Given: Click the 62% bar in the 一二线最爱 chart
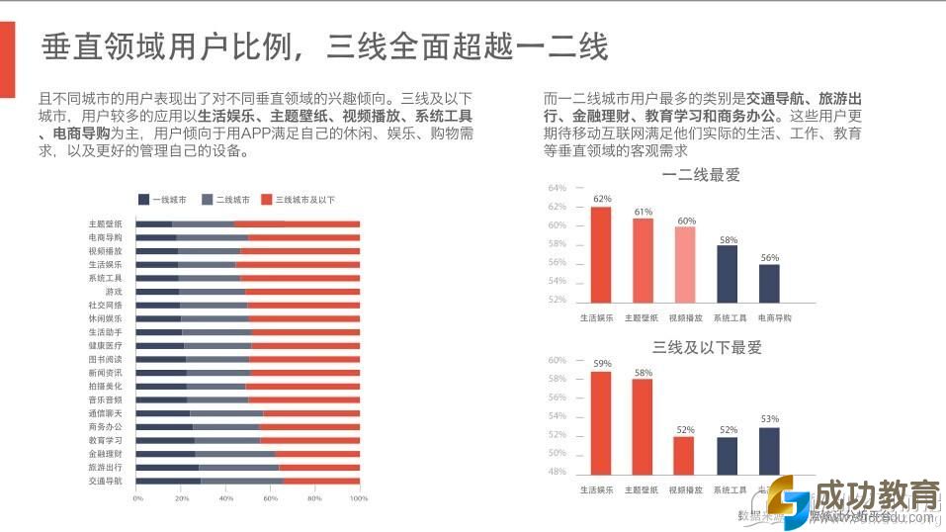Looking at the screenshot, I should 601,254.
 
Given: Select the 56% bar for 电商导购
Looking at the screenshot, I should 769,283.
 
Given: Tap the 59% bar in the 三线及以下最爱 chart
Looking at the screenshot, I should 601,425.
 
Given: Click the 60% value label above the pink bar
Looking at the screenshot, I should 686,221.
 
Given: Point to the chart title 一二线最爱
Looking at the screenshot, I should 701,176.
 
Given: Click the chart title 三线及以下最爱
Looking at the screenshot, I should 707,347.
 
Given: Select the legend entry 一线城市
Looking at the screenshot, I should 163,200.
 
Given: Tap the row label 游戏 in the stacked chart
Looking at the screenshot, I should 114,292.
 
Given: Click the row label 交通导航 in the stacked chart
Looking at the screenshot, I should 105,481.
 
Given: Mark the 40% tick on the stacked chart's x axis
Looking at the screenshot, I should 226,498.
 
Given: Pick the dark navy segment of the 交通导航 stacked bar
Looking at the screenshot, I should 168,481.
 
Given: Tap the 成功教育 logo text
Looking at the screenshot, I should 873,494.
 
